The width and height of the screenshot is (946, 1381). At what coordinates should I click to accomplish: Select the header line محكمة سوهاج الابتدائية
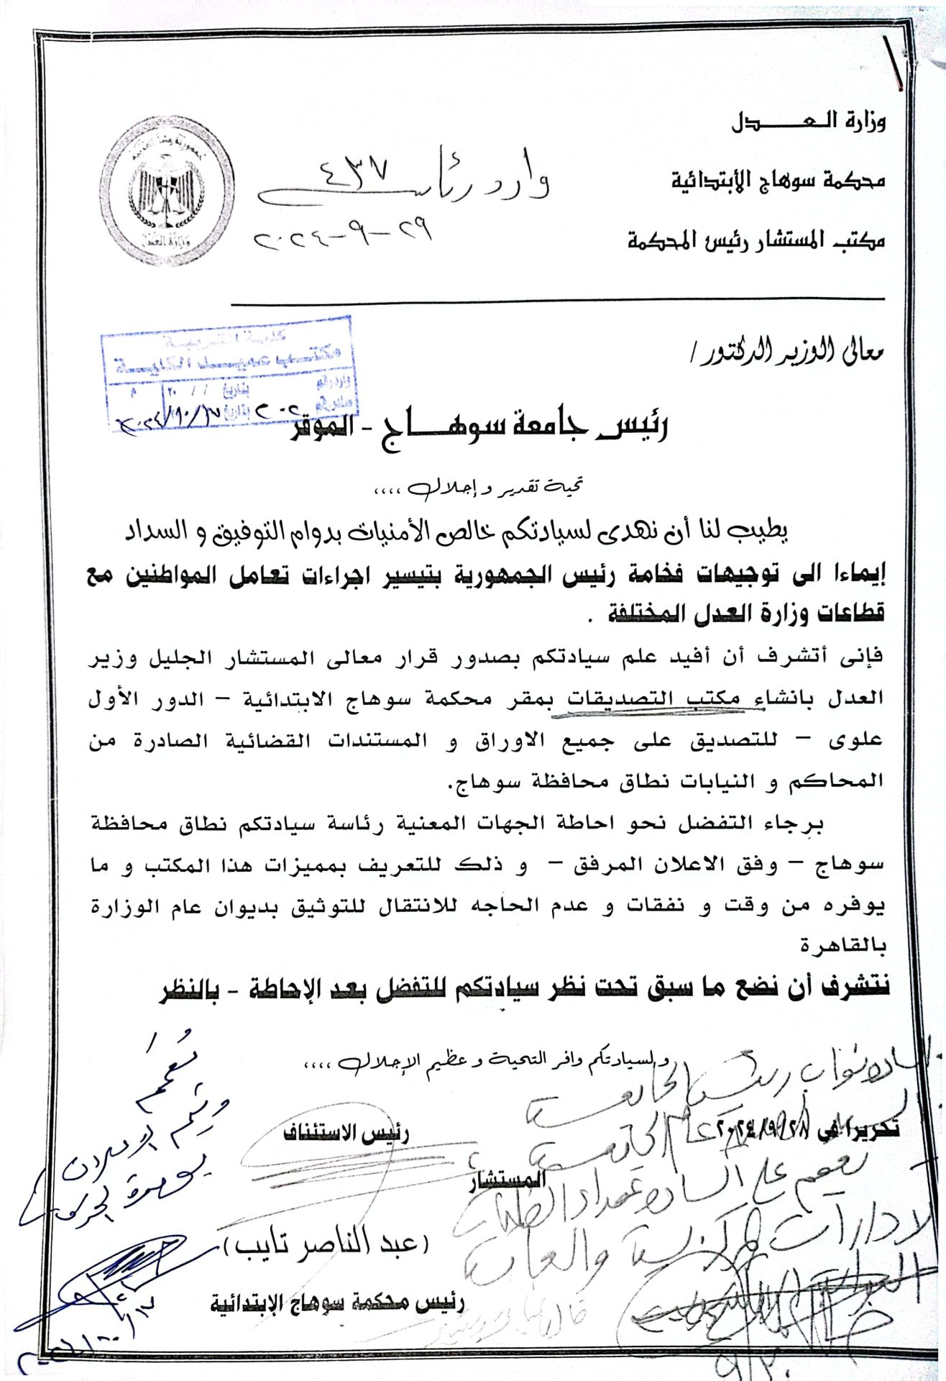(778, 180)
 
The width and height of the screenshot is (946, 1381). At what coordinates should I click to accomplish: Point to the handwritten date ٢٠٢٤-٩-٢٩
(344, 234)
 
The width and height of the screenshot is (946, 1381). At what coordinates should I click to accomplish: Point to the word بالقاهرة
(842, 946)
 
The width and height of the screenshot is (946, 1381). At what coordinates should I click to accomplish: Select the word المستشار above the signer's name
(507, 1180)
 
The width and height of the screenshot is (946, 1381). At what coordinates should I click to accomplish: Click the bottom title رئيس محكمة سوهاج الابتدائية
(337, 1304)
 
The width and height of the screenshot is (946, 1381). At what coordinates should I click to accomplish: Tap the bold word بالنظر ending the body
(190, 990)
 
